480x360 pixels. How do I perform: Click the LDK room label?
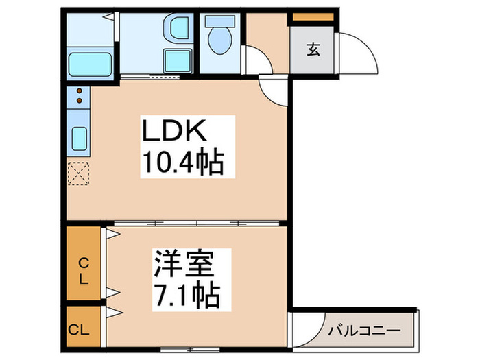tap(173, 132)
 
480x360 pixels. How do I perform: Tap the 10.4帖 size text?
tap(182, 163)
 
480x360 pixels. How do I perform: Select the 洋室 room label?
tap(184, 264)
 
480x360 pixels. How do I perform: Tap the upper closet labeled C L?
tap(83, 270)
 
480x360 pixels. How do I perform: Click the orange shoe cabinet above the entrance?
tap(313, 16)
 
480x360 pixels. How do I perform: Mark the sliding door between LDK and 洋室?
tap(197, 224)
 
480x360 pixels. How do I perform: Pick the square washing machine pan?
tap(176, 59)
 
